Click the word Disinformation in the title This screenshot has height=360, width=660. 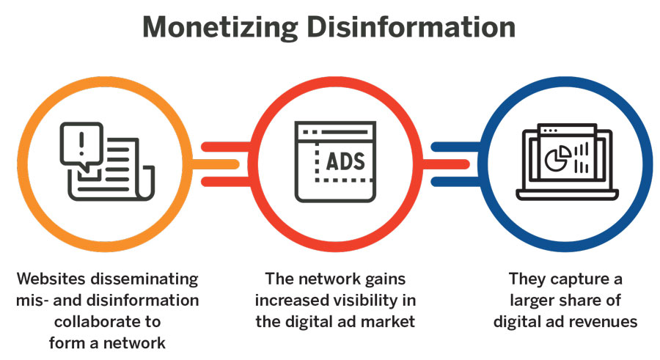[411, 27]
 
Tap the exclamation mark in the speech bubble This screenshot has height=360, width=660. [81, 142]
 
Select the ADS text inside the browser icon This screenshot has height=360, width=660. [345, 162]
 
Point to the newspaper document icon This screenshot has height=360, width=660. [111, 169]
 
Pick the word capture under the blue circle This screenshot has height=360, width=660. [574, 279]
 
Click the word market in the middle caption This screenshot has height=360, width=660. [388, 322]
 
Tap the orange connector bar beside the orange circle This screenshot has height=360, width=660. [216, 164]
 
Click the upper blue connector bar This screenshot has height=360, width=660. [455, 147]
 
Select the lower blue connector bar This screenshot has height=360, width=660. [455, 182]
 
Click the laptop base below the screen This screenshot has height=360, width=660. [567, 194]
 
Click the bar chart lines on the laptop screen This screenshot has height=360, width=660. [582, 158]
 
